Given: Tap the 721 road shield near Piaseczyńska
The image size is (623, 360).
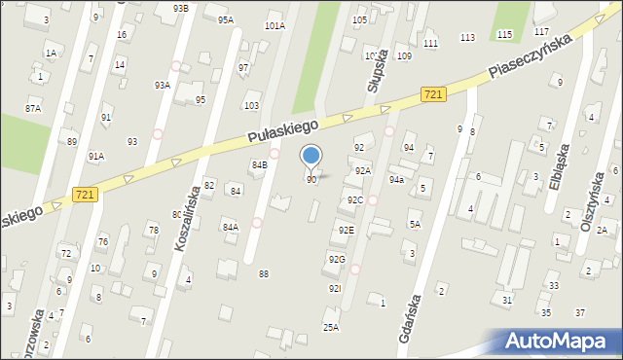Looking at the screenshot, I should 434,94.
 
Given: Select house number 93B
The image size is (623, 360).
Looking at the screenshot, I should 180,8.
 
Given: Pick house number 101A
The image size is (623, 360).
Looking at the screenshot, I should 275,26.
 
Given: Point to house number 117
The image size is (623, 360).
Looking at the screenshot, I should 541,31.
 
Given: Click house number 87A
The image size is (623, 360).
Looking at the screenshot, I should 33,108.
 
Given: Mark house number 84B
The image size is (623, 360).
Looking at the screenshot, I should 259,165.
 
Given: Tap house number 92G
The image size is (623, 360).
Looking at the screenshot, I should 337,259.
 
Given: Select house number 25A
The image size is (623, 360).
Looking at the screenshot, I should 331,328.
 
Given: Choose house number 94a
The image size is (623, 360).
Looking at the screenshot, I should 396,180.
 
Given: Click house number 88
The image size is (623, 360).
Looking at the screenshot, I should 263,274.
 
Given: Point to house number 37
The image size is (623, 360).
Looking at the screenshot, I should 579,312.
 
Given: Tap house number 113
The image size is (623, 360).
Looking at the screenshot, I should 467,37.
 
